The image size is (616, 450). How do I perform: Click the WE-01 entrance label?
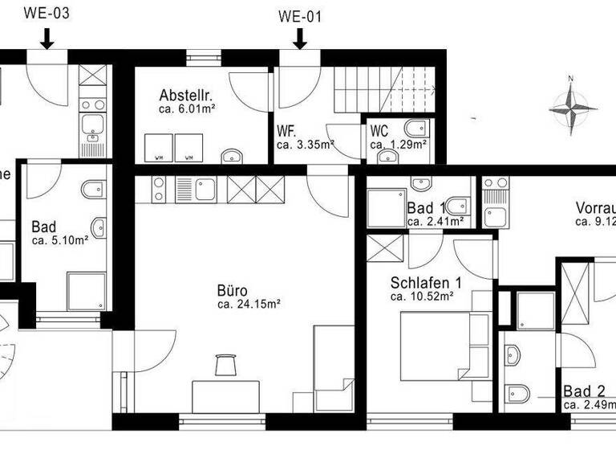point(300,15)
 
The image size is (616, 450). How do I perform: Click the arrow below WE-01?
point(300,37)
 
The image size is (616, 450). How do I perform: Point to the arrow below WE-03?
point(47,36)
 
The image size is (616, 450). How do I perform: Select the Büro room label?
point(232,290)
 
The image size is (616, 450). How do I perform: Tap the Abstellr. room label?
point(185,94)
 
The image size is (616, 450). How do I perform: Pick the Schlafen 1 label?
point(426,282)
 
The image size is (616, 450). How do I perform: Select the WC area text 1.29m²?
point(398,145)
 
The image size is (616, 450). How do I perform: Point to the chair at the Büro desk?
point(225,364)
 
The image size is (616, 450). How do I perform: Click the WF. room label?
point(286,131)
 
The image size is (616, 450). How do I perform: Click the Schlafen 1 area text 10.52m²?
point(422,297)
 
